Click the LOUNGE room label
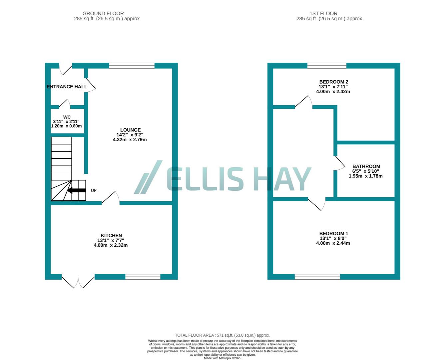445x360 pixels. click(130, 130)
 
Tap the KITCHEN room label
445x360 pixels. click(111, 235)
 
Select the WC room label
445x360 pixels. click(67, 117)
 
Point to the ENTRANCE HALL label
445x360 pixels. click(67, 87)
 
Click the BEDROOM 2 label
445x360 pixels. click(333, 82)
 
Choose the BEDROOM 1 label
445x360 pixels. click(333, 234)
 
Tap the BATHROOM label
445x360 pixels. click(366, 166)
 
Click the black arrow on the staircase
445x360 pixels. click(76, 190)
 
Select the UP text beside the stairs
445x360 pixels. click(94, 190)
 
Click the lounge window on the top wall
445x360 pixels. click(132, 66)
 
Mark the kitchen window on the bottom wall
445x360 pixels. click(143, 277)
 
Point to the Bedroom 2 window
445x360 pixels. click(327, 66)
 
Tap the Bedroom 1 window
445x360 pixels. click(317, 277)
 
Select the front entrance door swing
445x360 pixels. click(65, 69)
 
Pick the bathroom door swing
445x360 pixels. click(340, 163)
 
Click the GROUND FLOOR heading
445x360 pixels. click(103, 14)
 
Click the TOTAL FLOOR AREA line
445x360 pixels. click(222, 335)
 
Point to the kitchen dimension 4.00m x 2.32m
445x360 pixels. click(111, 245)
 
